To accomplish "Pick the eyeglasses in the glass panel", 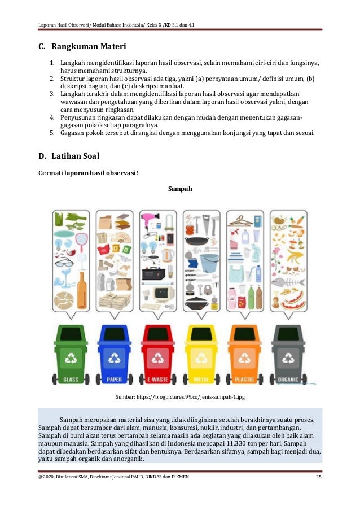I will [x=65, y=262].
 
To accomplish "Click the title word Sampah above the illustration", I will [x=180, y=189].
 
